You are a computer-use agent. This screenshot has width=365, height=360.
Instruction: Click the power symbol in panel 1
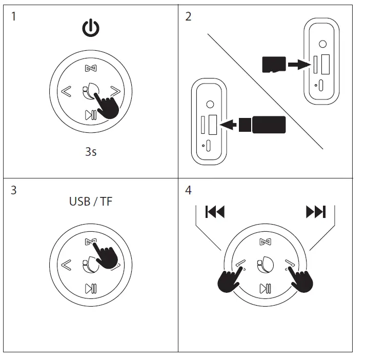tap(91, 29)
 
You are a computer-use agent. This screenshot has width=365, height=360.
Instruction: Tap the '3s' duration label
tap(91, 152)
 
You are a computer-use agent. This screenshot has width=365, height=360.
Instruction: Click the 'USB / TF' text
tap(91, 201)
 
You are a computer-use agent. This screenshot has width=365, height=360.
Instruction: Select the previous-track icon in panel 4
tap(215, 211)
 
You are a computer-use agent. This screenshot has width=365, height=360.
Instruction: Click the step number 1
tap(13, 16)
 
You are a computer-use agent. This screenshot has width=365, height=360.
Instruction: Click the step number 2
tap(188, 16)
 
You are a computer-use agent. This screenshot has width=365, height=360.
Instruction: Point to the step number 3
tap(13, 190)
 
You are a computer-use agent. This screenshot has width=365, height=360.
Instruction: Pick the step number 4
tap(188, 190)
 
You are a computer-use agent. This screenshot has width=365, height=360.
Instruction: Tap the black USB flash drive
tap(268, 124)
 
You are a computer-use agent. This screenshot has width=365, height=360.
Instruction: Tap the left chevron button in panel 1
tap(66, 92)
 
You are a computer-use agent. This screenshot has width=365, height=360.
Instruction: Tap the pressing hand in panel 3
tap(105, 254)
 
